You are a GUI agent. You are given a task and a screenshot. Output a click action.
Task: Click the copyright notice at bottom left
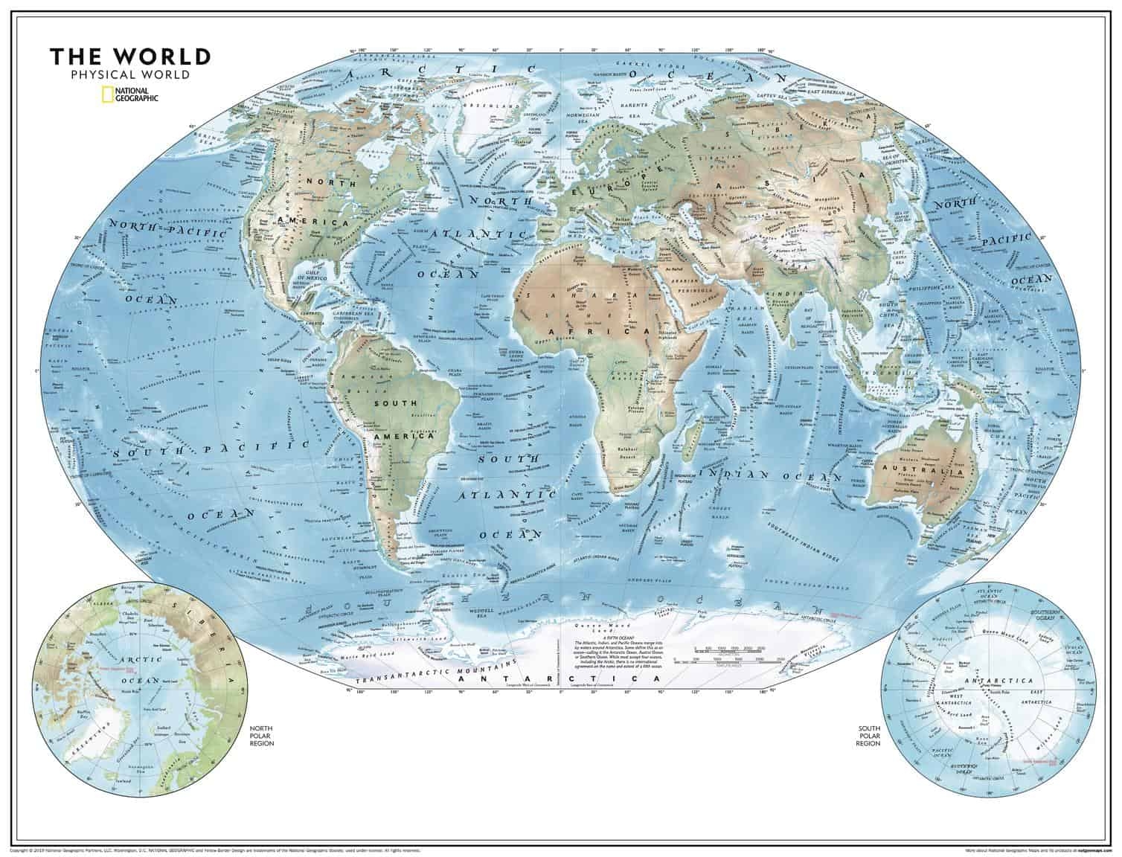click(x=216, y=849)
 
